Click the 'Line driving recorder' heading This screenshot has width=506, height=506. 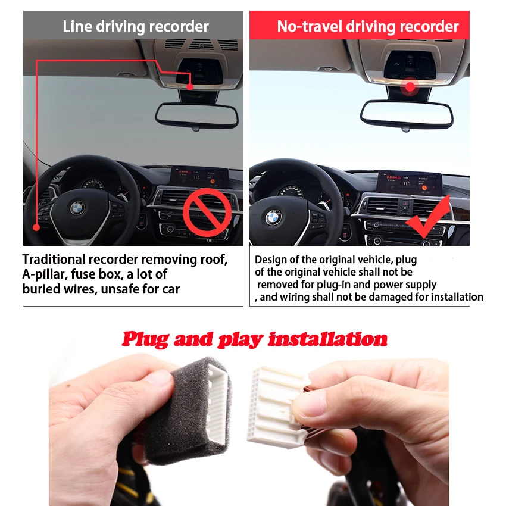(x=136, y=27)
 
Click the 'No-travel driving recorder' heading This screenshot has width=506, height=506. (x=367, y=27)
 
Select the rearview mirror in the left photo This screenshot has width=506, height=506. (x=197, y=115)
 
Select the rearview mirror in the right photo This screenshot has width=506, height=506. (x=407, y=114)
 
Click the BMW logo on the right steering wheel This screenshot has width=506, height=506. (x=274, y=217)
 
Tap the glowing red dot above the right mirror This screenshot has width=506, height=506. (x=410, y=86)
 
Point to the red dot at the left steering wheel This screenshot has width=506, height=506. (x=36, y=227)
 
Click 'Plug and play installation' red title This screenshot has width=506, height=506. (x=254, y=339)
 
